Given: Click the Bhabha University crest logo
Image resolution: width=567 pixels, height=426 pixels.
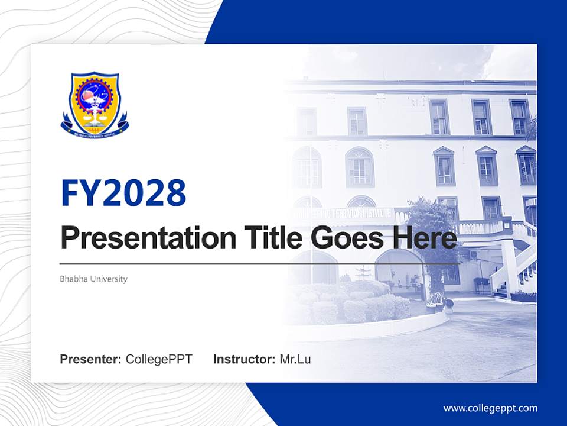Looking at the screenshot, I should [94, 104].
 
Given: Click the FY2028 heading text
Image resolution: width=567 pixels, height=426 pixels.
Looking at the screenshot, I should [123, 193].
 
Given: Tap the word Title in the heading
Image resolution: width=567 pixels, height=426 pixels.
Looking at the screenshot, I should [271, 238].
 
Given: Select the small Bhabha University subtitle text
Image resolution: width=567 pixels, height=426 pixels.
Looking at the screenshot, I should [93, 279].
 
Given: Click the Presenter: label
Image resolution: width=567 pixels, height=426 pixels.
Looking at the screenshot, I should [91, 359].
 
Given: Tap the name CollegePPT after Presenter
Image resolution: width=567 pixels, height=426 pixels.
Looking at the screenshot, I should [159, 359].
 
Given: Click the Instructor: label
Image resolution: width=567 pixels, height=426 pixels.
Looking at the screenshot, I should [244, 359].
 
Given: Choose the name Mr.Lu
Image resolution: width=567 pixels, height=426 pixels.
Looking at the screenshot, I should [295, 359].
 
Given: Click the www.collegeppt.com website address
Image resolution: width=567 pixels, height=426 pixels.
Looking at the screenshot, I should [490, 408].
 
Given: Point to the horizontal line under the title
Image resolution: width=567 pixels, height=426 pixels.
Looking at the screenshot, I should [260, 263].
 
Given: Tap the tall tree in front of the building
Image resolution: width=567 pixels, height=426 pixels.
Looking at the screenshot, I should [431, 237].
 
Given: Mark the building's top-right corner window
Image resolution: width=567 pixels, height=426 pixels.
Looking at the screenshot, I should [520, 117].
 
